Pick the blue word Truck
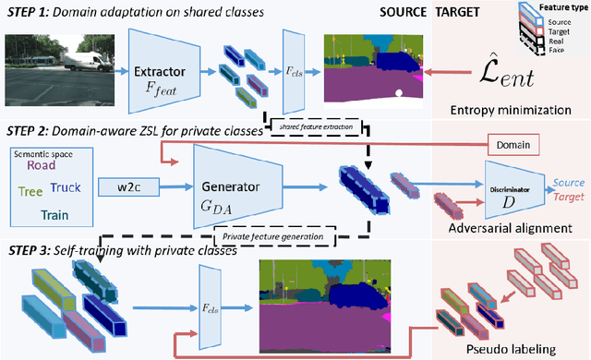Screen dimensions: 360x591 [x=66, y=188]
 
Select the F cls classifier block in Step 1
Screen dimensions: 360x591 [x=293, y=66]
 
